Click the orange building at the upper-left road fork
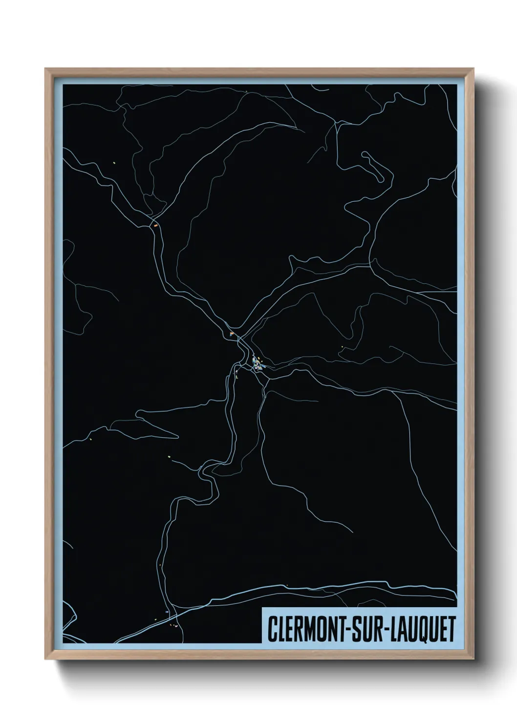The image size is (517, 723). (x=156, y=226)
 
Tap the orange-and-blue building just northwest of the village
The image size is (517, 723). (x=232, y=334)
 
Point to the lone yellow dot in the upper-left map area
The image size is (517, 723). (x=114, y=163)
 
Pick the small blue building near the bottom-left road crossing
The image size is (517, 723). (x=167, y=612)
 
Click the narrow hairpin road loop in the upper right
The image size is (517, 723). (x=377, y=166)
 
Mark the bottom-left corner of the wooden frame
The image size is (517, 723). (x=46, y=659)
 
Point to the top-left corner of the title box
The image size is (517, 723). (x=262, y=608)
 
